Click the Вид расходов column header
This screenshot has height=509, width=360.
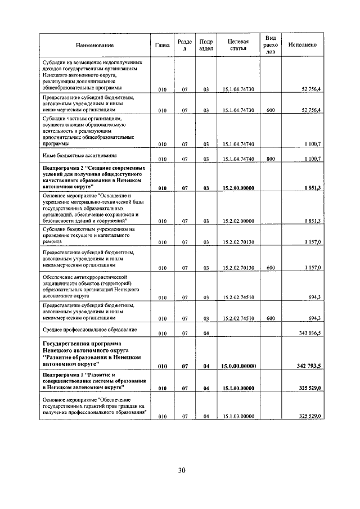[x=271, y=44]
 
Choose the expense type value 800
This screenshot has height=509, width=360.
[x=271, y=159]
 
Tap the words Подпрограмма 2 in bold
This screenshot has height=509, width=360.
[x=62, y=168]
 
